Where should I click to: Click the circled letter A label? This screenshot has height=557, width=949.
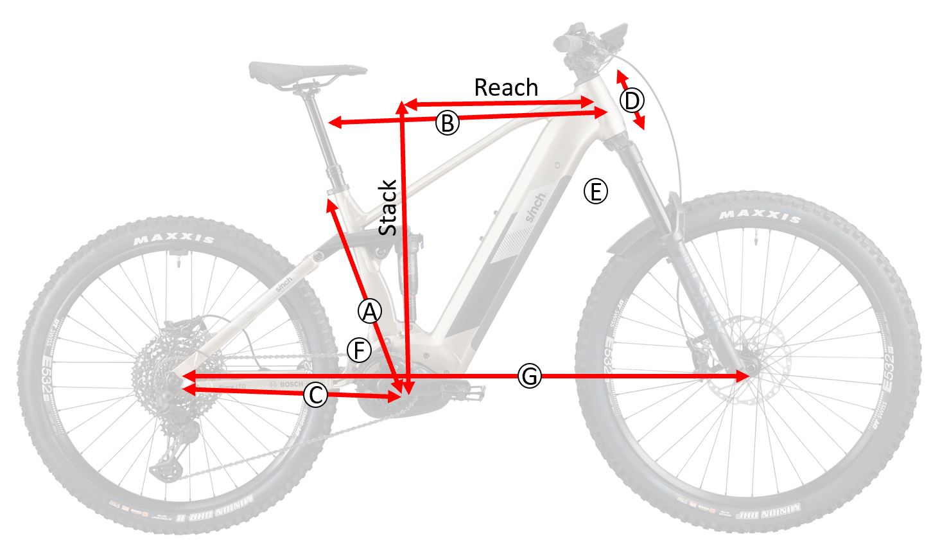tap(369, 312)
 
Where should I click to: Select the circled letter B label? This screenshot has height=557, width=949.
tap(448, 123)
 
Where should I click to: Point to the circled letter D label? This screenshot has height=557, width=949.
tap(632, 101)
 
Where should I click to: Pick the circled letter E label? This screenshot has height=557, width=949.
tap(595, 191)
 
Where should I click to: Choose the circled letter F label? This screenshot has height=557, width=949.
tap(359, 351)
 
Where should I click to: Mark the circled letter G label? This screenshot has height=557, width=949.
tap(529, 376)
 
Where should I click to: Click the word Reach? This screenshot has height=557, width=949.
tap(506, 87)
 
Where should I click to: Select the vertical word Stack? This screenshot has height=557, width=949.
tap(388, 208)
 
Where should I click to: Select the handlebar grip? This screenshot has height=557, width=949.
tap(568, 42)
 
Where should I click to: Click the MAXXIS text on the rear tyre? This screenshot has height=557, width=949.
tap(174, 240)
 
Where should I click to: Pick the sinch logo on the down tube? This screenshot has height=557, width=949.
tap(535, 207)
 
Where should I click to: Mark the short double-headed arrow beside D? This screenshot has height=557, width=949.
tap(631, 100)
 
